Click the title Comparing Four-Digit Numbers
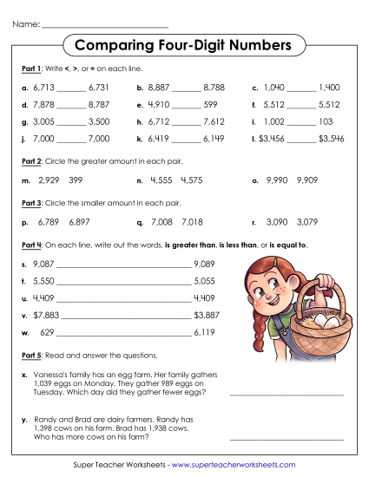(x=184, y=44)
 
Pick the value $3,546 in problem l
(x=332, y=139)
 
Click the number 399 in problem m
(x=75, y=180)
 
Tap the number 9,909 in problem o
(x=310, y=180)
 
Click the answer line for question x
(x=287, y=395)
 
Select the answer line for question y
(x=287, y=439)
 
